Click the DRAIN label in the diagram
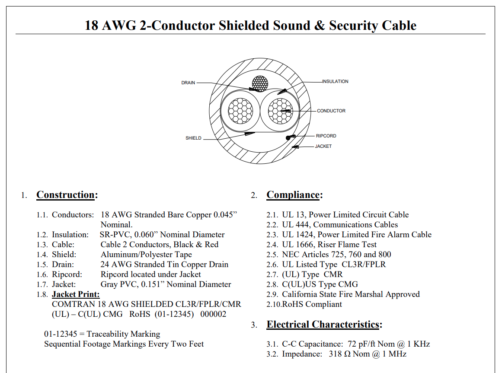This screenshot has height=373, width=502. click(188, 83)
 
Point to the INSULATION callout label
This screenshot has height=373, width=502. click(335, 82)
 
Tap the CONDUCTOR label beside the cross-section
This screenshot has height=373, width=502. click(331, 111)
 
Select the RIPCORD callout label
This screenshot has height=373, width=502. click(326, 136)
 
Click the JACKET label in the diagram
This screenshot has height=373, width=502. click(323, 146)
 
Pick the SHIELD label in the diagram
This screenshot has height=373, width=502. click(193, 138)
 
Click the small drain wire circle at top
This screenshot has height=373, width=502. click(260, 84)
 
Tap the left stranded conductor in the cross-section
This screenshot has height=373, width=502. click(240, 111)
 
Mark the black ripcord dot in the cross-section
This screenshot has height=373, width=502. click(288, 138)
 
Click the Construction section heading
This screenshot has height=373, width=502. click(67, 195)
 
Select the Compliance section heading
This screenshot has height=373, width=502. click(294, 195)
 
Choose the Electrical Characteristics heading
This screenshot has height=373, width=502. click(324, 324)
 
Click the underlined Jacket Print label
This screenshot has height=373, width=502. click(76, 294)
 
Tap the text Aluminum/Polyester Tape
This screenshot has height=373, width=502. click(146, 255)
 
